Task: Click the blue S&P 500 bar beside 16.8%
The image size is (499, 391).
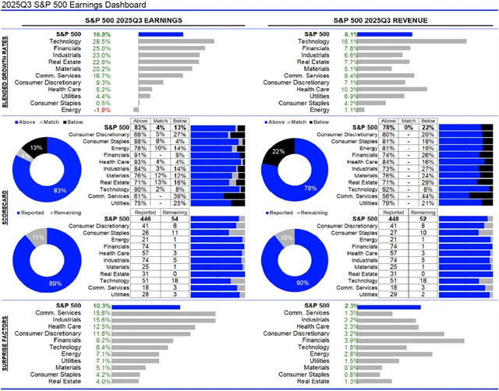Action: (x=161, y=34)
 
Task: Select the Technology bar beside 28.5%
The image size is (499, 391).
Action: (x=176, y=41)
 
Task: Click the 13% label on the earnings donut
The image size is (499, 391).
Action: (x=37, y=146)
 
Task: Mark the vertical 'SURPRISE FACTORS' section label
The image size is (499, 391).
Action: (x=7, y=341)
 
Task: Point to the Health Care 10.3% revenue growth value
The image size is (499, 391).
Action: (x=350, y=89)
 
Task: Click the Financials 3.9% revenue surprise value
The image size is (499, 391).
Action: (x=351, y=340)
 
